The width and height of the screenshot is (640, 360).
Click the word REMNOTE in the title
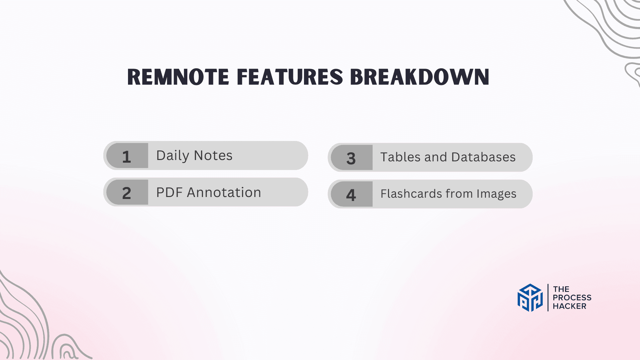coord(178,77)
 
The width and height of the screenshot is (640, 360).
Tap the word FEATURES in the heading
coord(290,77)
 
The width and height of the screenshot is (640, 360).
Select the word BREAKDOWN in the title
coord(419,77)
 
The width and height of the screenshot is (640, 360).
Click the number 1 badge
coord(127,156)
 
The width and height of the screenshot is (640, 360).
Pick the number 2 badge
coord(127,193)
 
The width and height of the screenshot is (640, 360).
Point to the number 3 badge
coord(351,158)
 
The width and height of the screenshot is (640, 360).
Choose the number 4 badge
coord(351,195)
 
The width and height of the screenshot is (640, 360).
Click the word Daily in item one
coord(173,156)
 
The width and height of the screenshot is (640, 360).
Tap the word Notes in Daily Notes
coord(213,156)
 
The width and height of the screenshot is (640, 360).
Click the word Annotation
coord(224,192)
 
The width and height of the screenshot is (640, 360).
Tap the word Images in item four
coord(496,194)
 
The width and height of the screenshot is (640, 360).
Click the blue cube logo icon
coord(530,298)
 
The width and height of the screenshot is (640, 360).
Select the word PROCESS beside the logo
coord(572,298)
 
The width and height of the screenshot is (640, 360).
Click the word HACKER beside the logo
coord(569,306)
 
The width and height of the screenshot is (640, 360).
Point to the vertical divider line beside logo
coord(548,298)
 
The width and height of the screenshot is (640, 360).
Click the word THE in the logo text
coord(561,289)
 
